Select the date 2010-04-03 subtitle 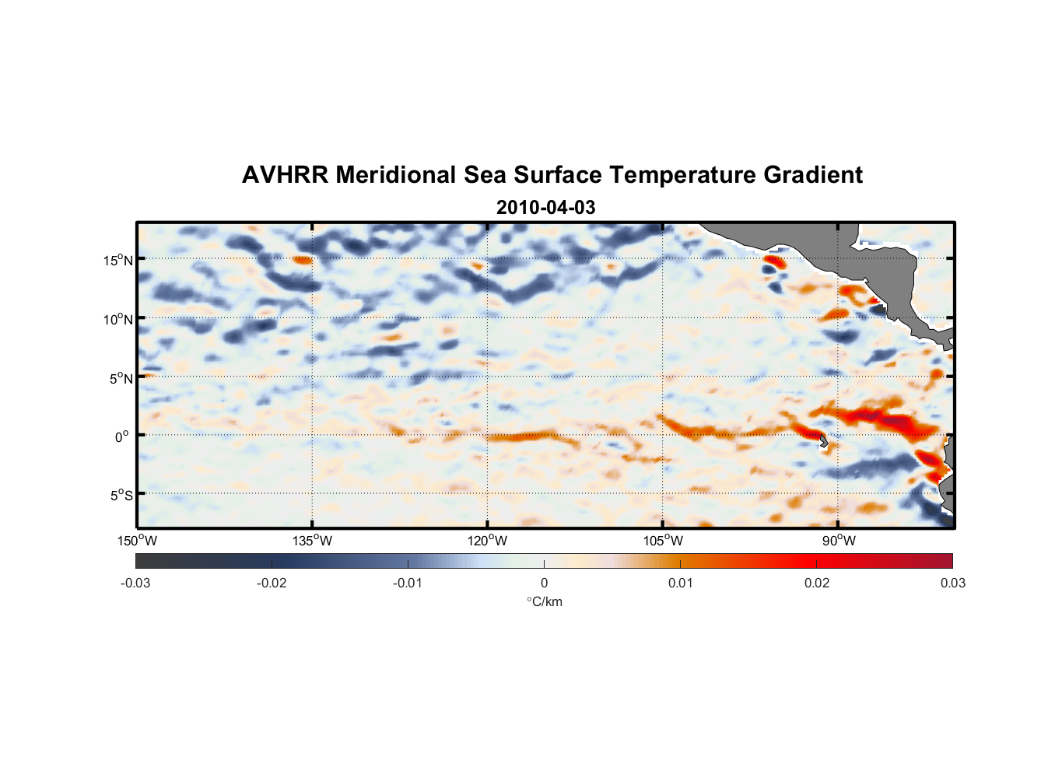click(545, 208)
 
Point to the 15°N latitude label click(118, 260)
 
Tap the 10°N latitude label click(118, 319)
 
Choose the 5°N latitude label click(121, 378)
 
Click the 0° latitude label click(122, 436)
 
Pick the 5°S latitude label click(121, 496)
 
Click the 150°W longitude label click(138, 541)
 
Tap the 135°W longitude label click(313, 541)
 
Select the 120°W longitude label click(488, 541)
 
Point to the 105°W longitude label click(663, 541)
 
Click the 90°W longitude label click(838, 541)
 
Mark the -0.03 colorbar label click(135, 583)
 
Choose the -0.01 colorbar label click(407, 583)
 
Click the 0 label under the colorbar click(544, 583)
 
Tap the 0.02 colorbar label click(817, 583)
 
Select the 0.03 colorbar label click(952, 583)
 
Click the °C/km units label click(545, 601)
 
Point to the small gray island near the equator click(824, 440)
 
